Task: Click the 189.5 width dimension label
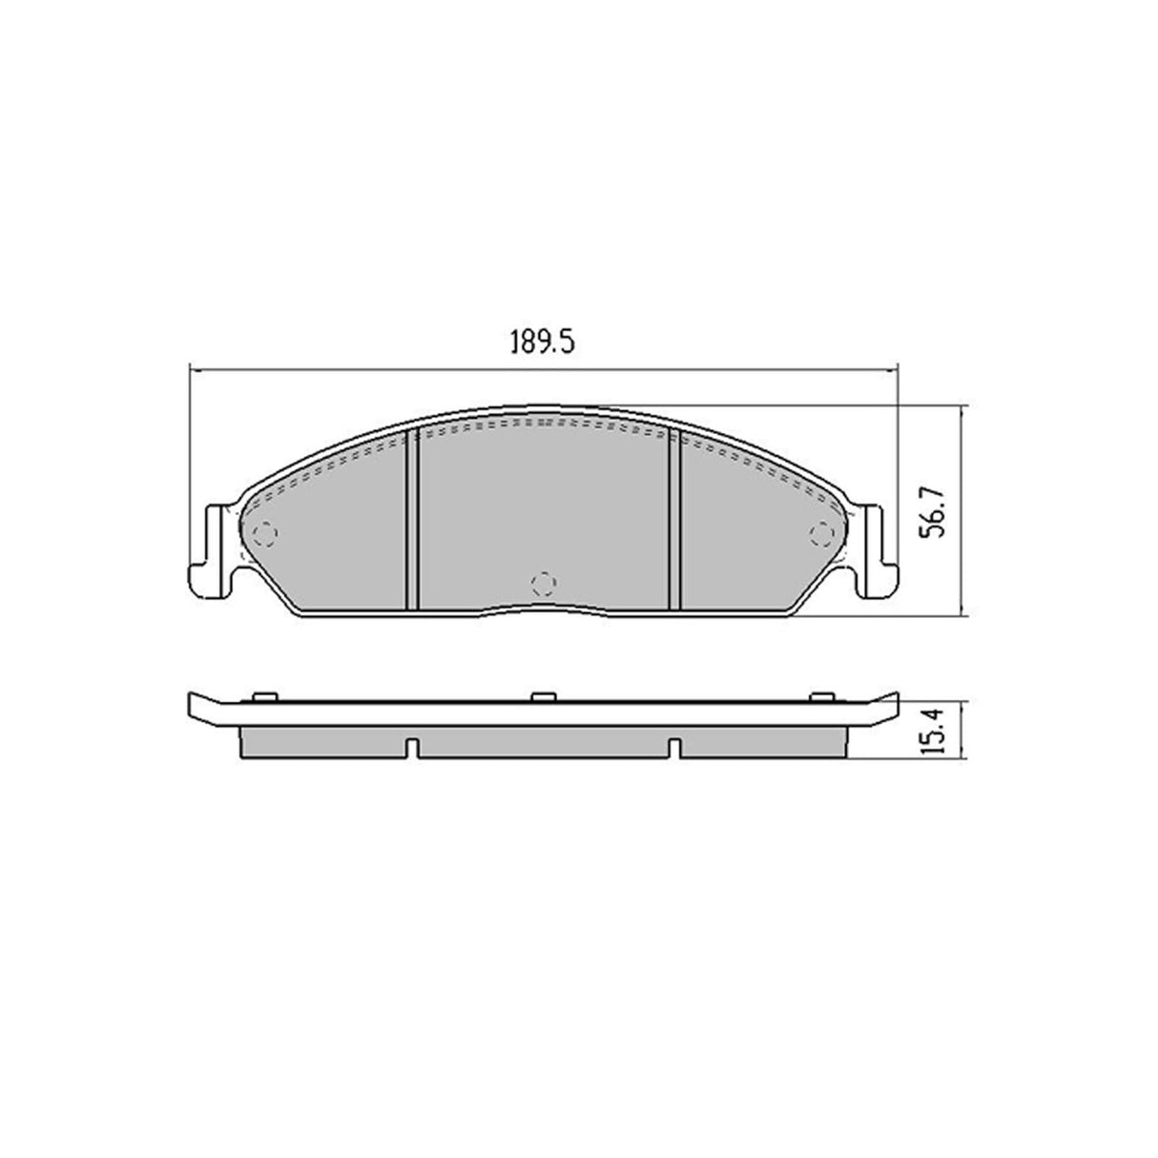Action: (x=545, y=342)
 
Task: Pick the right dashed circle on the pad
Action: (x=818, y=533)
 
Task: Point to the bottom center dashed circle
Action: (x=542, y=582)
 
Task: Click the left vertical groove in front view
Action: (x=413, y=520)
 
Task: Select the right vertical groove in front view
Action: (x=673, y=520)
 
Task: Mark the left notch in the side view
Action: (x=412, y=748)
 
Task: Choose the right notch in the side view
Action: (x=673, y=748)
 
